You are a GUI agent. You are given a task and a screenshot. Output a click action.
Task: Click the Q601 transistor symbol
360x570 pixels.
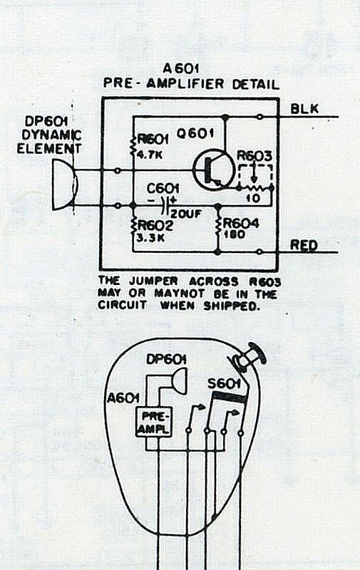213,170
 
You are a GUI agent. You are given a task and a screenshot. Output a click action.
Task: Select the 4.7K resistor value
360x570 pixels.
150,155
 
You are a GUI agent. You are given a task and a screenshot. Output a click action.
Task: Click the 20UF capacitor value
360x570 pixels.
185,214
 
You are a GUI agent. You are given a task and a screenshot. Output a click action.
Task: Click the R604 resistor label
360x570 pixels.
241,223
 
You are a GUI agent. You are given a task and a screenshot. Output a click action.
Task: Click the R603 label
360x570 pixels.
254,155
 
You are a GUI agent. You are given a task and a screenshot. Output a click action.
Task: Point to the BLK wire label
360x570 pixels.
304,108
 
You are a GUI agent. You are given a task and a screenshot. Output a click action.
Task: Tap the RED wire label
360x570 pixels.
304,245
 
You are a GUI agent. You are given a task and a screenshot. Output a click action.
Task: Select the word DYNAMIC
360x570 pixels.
51,135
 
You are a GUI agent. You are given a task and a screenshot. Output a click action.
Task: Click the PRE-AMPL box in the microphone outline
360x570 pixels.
154,422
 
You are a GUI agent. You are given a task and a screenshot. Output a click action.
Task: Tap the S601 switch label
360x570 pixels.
225,383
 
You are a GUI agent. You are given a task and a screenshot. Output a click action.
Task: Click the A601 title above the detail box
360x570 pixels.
181,68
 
